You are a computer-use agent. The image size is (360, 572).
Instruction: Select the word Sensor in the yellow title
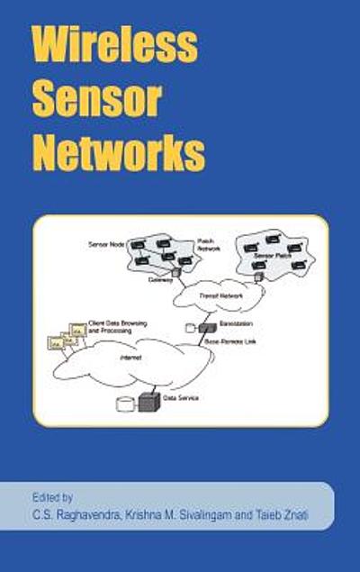[96, 99]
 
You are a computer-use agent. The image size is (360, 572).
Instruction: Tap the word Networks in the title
[119, 153]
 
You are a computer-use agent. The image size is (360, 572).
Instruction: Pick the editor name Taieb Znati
[289, 513]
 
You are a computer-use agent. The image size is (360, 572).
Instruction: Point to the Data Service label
[181, 397]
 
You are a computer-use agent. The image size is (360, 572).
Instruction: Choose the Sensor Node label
[105, 244]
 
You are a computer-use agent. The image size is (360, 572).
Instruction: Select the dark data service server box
[149, 402]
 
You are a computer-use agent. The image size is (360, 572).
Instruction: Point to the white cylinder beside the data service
[125, 404]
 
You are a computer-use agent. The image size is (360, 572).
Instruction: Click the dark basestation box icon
[208, 327]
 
